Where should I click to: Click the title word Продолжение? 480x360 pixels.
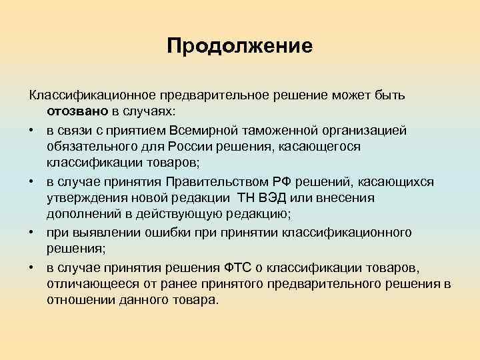[239, 45]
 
